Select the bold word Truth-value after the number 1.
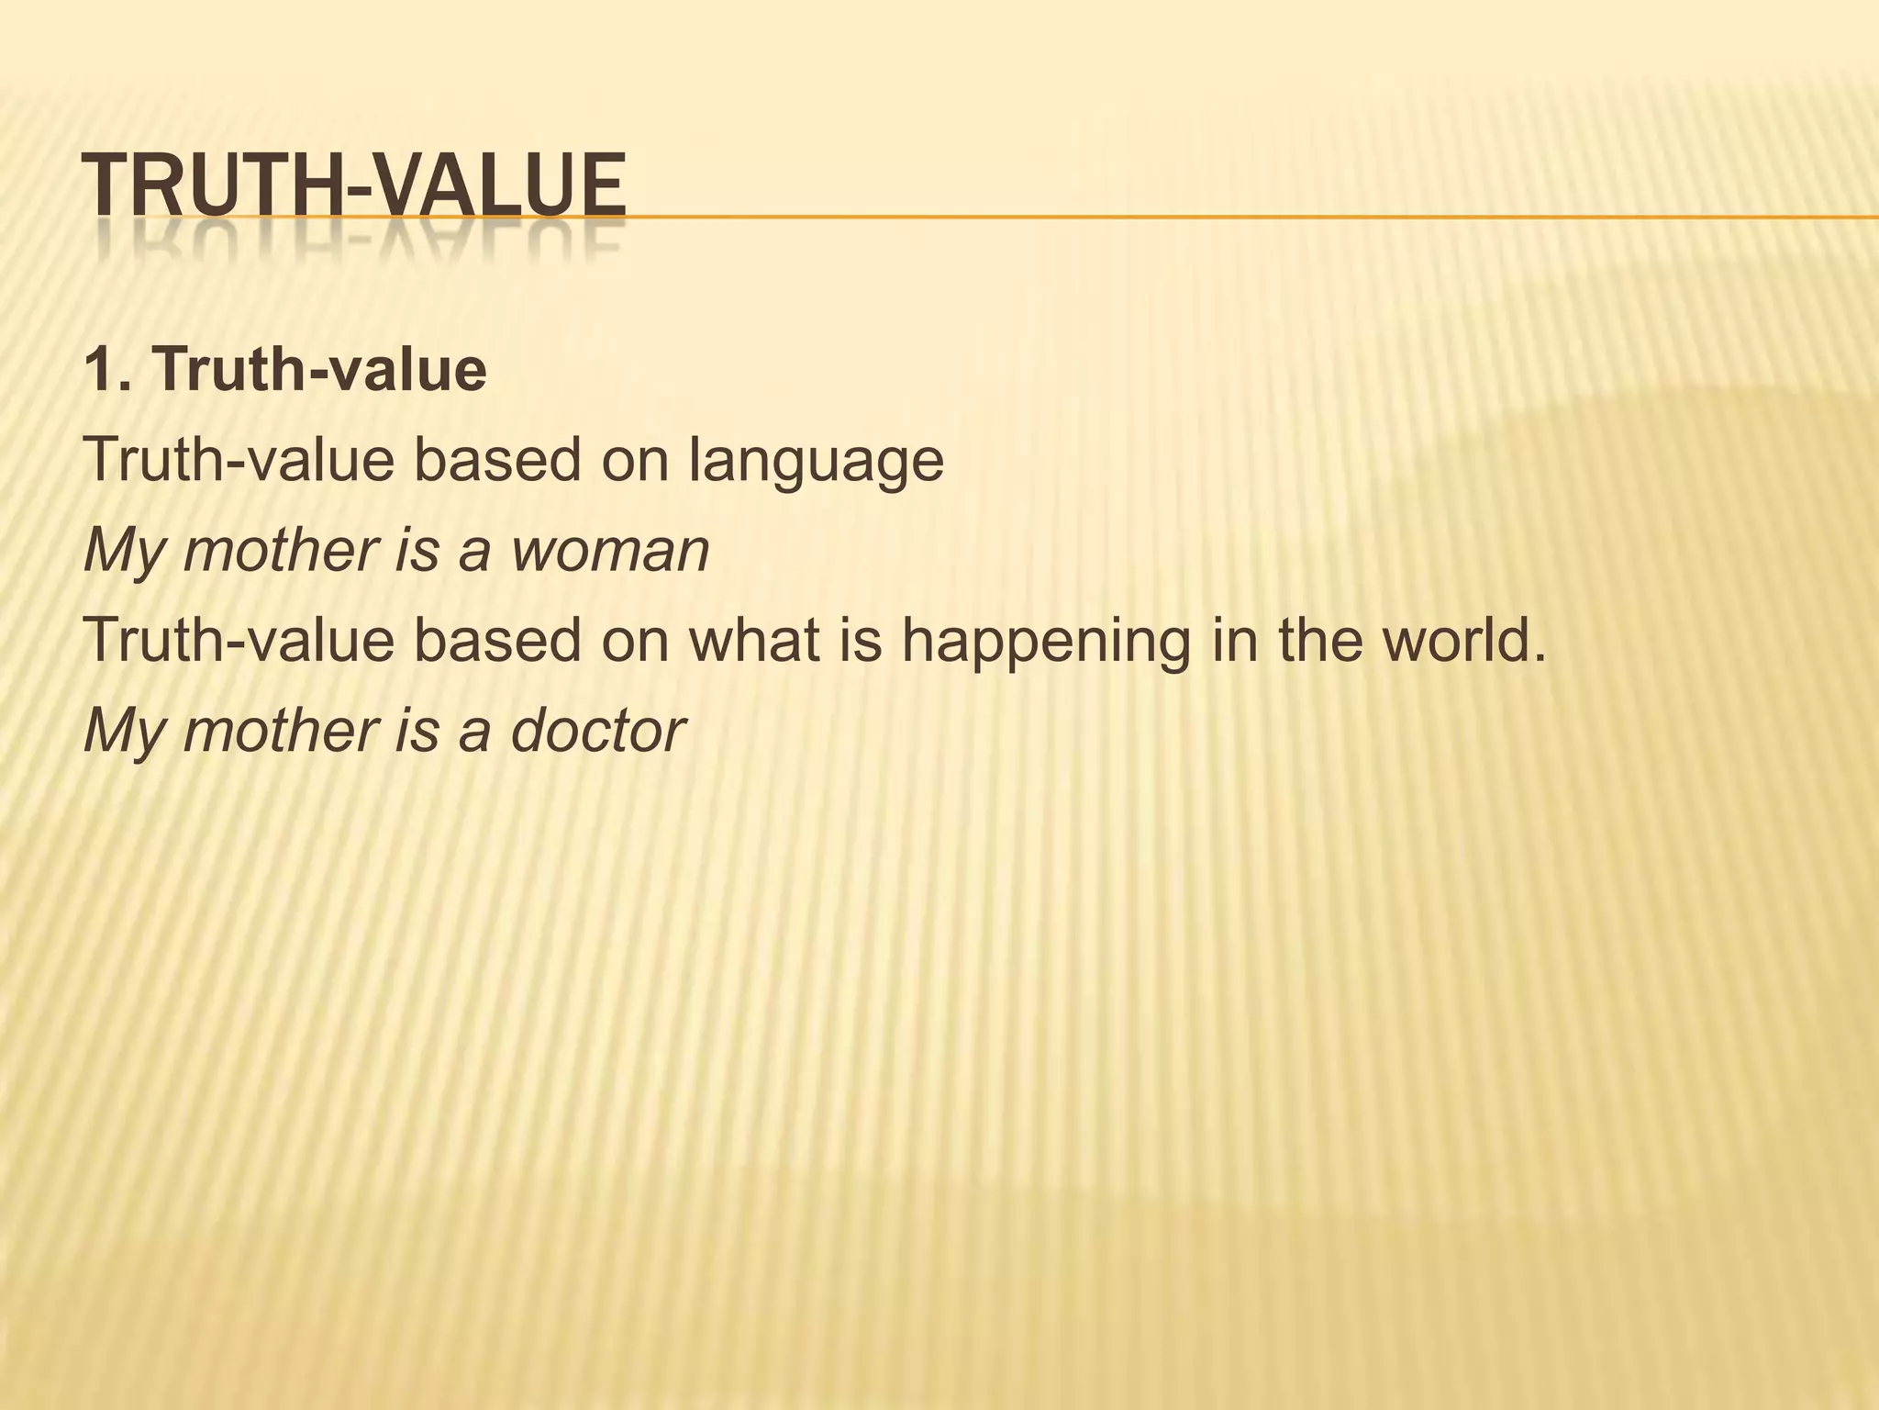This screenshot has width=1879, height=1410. click(x=319, y=370)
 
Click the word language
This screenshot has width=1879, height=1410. click(x=816, y=461)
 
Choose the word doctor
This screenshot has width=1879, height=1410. click(x=597, y=731)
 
